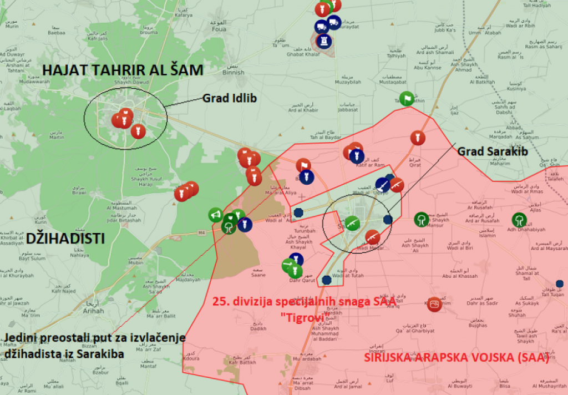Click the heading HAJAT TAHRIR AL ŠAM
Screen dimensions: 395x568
coord(123,70)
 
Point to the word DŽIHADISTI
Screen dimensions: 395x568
coord(65,239)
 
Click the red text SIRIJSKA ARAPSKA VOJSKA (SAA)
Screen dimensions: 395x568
coord(456,358)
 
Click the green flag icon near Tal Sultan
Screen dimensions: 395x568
coord(407,98)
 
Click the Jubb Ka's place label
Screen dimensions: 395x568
coord(427,28)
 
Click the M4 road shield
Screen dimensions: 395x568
coord(200,233)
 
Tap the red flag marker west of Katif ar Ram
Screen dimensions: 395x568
coord(303,165)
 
